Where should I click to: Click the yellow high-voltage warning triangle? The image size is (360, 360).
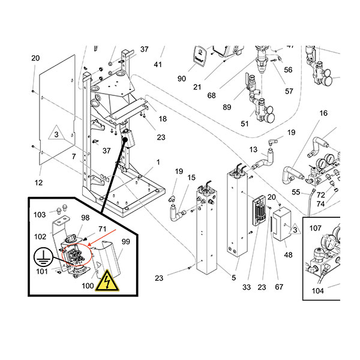107,281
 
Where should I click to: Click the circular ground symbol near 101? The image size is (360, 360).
43,257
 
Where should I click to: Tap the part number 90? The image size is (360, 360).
182,79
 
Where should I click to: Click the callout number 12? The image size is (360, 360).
38,183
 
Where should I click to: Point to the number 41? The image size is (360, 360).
158,65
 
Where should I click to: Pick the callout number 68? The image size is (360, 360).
211,95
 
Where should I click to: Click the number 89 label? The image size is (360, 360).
227,107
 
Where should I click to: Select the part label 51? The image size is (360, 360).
245,124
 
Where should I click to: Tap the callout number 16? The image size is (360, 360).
323,113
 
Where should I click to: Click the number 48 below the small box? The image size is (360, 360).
288,255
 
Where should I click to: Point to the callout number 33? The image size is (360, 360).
247,287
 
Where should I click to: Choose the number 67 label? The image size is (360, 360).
279,287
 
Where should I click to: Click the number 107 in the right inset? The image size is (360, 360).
316,228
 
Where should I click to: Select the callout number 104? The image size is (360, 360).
318,291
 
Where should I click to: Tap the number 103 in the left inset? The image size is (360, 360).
40,215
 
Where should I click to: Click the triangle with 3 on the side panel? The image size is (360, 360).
56,133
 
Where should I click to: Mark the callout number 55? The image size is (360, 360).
296,192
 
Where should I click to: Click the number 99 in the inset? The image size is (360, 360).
125,242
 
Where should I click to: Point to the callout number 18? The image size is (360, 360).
163,119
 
